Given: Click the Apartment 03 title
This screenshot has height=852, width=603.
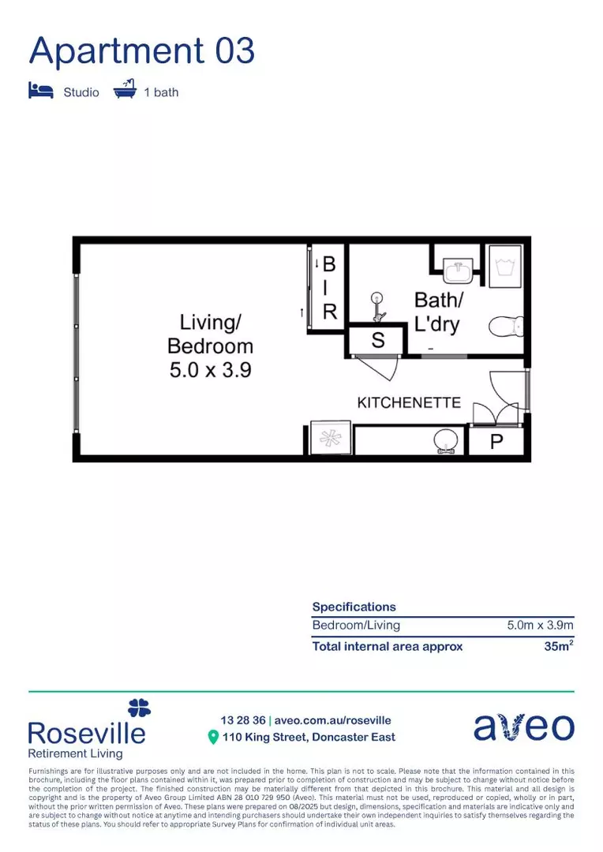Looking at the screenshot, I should (x=142, y=50).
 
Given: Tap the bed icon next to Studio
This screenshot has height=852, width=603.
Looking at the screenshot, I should (x=41, y=91).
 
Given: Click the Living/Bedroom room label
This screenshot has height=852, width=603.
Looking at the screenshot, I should (x=210, y=334).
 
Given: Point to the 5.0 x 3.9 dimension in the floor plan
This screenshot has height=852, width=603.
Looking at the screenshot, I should (x=210, y=369).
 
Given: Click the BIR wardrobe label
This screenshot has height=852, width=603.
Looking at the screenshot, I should (x=330, y=288).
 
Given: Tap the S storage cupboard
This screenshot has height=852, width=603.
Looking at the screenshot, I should (x=377, y=341).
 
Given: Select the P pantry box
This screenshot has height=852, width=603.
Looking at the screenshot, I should (x=496, y=442).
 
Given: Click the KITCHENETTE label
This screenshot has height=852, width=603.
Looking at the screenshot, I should (x=409, y=402).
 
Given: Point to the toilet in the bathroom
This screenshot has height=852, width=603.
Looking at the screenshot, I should (x=505, y=325).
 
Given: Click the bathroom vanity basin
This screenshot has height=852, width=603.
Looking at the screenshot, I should (x=458, y=271).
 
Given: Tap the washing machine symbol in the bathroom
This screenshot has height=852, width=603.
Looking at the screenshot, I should (x=505, y=265).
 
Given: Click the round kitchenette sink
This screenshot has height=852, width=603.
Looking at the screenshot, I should (x=447, y=441).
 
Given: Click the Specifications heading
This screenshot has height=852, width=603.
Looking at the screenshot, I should (x=354, y=607).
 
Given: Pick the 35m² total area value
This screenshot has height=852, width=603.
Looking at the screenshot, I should (x=557, y=646).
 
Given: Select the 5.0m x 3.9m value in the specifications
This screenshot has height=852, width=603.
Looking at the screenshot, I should (x=539, y=626).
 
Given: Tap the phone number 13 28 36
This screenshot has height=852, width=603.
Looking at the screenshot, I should (x=242, y=720).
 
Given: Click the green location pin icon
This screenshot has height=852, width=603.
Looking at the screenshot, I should (x=212, y=738).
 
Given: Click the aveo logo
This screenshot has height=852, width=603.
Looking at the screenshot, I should (x=523, y=727).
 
